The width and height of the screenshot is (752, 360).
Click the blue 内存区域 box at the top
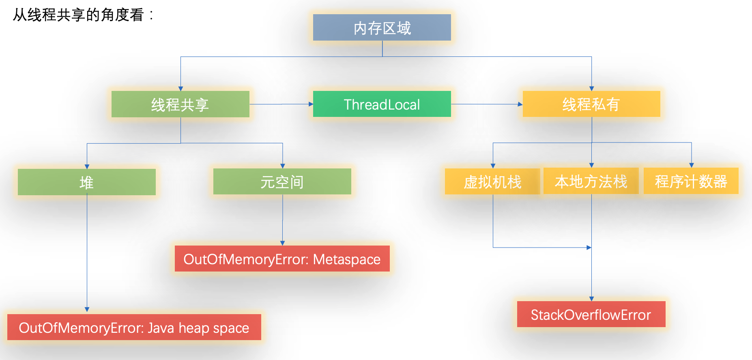(x=382, y=28)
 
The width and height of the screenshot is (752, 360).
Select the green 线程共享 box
(x=180, y=104)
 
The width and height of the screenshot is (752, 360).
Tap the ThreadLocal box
(x=382, y=104)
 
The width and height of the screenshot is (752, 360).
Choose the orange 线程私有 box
(x=591, y=104)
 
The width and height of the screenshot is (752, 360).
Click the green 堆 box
(x=86, y=182)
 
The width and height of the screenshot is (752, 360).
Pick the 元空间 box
(x=282, y=181)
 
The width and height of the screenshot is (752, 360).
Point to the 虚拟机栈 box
(x=492, y=181)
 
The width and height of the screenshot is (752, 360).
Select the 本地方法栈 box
(x=591, y=181)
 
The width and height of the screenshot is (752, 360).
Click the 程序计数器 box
(x=691, y=181)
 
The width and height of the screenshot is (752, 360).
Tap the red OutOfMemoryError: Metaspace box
(x=282, y=259)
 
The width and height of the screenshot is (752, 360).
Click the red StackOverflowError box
(x=591, y=314)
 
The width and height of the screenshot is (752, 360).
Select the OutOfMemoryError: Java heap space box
(x=134, y=327)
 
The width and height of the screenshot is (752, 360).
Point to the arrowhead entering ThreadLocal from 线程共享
(x=311, y=104)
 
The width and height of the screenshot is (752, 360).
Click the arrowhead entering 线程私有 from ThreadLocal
(x=520, y=104)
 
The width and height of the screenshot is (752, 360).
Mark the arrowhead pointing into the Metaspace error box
(x=283, y=243)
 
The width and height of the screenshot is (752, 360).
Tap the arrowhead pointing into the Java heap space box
(x=87, y=310)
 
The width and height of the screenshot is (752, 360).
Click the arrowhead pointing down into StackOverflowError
(x=591, y=299)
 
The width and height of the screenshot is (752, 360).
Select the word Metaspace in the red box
(x=346, y=259)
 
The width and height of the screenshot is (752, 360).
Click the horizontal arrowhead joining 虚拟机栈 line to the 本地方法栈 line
(x=589, y=248)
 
